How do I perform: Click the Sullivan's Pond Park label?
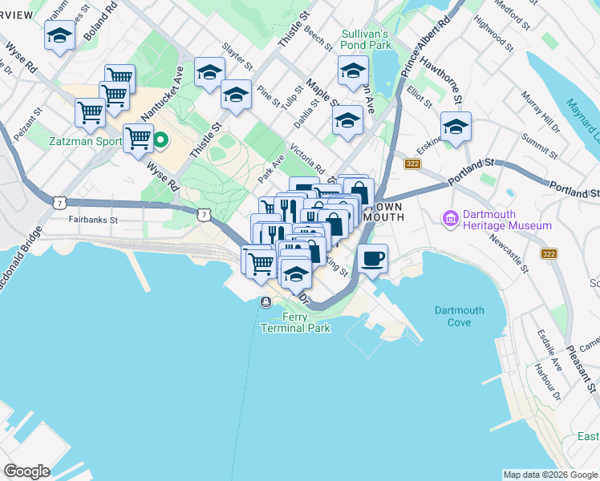coord(365,40)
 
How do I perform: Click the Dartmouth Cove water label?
coord(459,316)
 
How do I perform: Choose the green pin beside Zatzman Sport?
coord(160,142)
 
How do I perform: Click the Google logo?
coord(26,471)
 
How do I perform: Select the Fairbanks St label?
coord(93,219)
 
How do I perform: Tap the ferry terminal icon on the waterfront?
coord(265,302)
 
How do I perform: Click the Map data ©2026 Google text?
coord(549,475)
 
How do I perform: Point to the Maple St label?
coord(322,94)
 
